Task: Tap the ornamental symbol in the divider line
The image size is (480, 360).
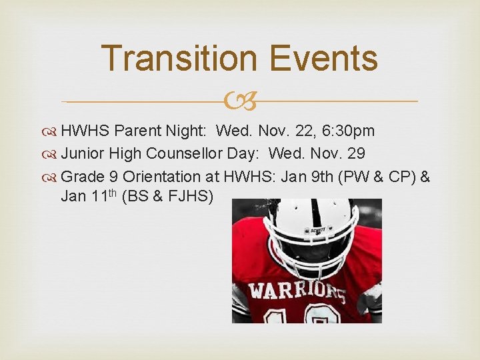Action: (x=240, y=101)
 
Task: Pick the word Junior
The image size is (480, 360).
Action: (x=83, y=153)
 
